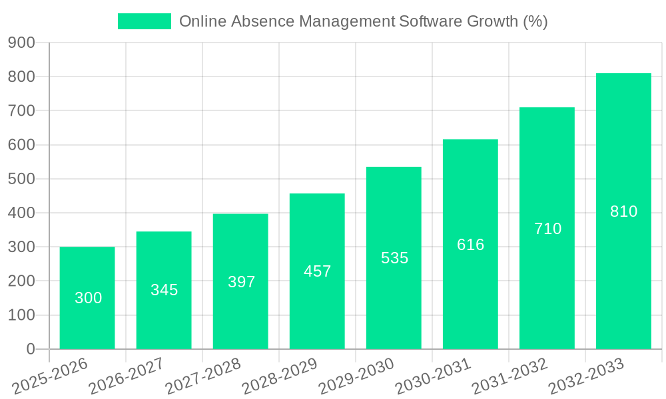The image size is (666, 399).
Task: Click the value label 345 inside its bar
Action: coord(164,290)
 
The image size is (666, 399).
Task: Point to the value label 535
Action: coord(394,258)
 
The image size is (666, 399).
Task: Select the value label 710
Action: coord(547,229)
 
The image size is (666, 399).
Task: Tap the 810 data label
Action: coord(623,211)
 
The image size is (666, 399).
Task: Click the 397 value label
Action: coord(241,282)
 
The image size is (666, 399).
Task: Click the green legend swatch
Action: coord(145,21)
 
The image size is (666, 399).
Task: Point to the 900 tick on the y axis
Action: coord(21,43)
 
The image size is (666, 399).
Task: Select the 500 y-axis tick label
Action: coord(21,179)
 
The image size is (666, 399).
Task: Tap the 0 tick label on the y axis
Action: coord(31,349)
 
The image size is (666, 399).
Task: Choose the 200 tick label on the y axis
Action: coord(21,281)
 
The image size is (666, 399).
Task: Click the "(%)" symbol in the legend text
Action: coord(535,21)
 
